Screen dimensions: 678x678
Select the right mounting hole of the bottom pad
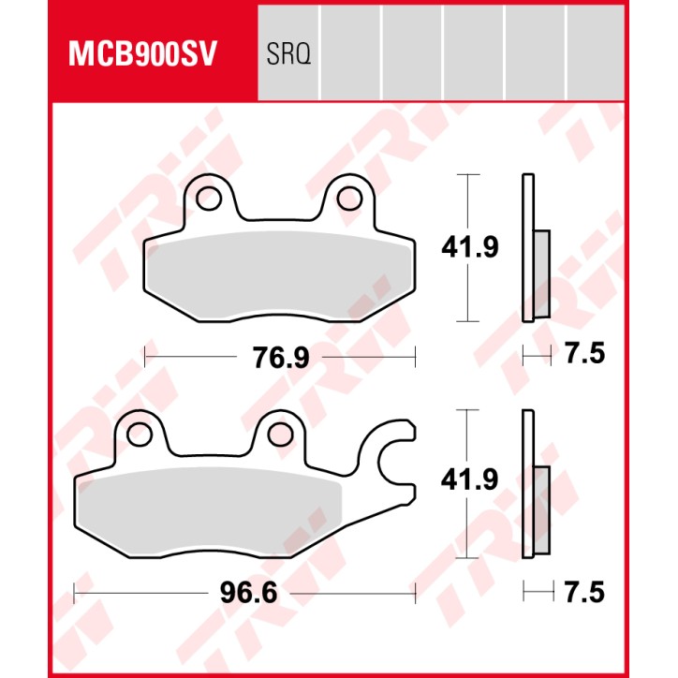tap(278, 433)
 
